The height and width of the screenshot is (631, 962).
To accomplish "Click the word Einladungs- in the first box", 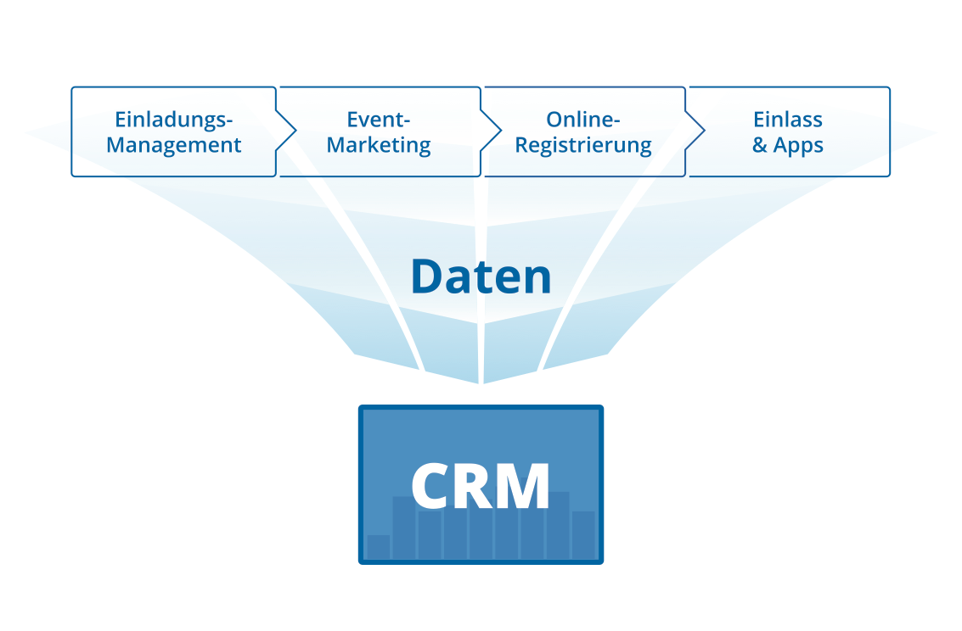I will pos(174,119).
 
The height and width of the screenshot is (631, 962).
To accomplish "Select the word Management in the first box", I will pos(174,145).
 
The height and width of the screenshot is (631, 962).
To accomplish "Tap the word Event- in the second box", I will pos(379,119).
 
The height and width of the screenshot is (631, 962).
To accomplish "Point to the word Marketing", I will pos(379,145).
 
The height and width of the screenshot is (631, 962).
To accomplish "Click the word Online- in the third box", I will pos(584,119).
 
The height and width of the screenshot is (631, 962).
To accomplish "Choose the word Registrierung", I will pos(584,145).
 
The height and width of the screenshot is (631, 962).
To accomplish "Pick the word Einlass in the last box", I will pos(788,119).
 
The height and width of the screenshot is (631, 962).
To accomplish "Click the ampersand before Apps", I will pos(760,145).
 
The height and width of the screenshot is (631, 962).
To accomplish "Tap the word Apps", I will pos(798,146).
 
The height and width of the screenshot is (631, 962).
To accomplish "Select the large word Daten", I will pos(481,276).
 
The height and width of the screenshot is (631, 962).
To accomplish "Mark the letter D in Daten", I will pos(430,276).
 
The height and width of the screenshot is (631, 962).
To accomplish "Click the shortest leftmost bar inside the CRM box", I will pos(378,547).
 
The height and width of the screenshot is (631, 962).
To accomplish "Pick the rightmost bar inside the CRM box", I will pos(583,535).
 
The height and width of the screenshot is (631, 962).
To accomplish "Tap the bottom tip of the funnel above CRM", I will pos(481,383).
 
